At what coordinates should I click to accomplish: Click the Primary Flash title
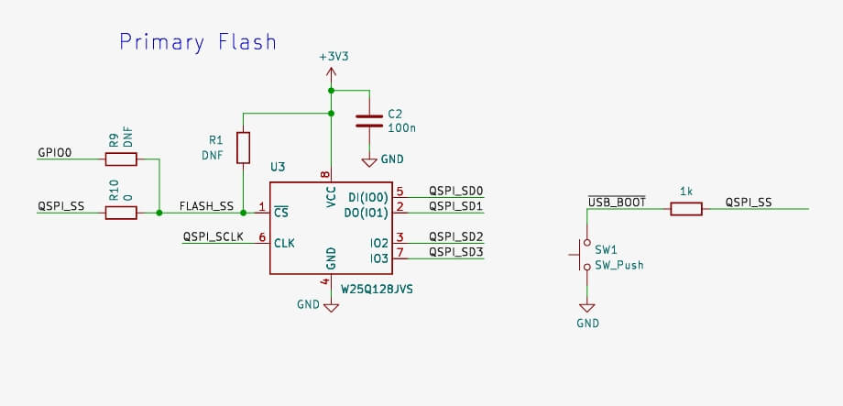[x=198, y=42]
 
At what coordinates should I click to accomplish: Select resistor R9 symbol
[x=121, y=159]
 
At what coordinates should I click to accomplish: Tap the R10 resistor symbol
[x=121, y=213]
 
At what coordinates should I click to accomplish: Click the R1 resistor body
[x=243, y=148]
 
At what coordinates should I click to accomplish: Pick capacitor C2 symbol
[x=368, y=120]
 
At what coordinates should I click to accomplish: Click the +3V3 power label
[x=334, y=56]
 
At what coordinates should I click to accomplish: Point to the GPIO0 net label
[x=55, y=153]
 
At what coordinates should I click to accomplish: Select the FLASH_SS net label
[x=206, y=206]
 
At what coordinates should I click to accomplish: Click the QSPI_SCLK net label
[x=213, y=236]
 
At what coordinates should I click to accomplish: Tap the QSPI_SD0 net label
[x=455, y=191]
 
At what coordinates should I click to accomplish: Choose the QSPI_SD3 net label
[x=455, y=251]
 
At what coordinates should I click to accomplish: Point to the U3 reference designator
[x=278, y=168]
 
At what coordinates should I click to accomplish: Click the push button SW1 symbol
[x=585, y=256]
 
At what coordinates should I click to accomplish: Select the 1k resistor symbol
[x=686, y=209]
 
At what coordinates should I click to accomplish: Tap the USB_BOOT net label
[x=617, y=202]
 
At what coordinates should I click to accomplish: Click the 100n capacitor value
[x=401, y=129]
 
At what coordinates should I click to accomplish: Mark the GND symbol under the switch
[x=586, y=309]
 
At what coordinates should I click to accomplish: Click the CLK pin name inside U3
[x=284, y=243]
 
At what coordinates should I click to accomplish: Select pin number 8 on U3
[x=324, y=173]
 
